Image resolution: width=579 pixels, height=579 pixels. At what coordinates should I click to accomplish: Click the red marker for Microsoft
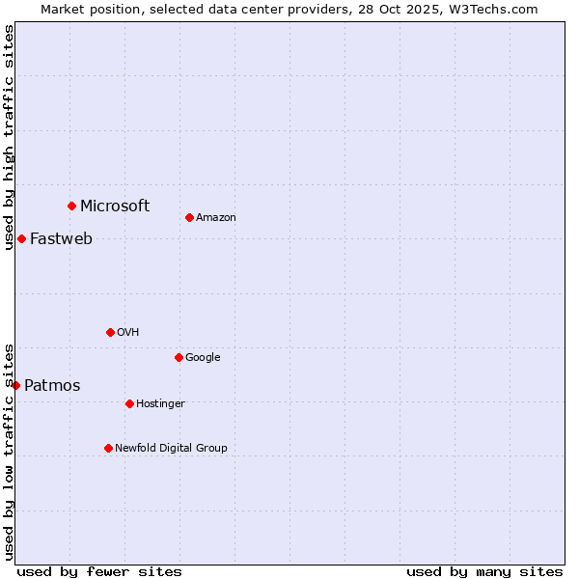pos(71,206)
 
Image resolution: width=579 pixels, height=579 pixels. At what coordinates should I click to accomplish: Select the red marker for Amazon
pos(189,217)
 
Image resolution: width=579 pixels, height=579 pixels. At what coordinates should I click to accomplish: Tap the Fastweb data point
pos(21,238)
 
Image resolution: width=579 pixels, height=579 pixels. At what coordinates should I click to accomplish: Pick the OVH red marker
pos(110,332)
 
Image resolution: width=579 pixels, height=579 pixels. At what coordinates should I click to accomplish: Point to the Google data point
pos(179,357)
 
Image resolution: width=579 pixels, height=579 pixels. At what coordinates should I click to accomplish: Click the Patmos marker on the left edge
pos(15,385)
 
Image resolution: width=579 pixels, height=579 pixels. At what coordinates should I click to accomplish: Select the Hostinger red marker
pos(129,403)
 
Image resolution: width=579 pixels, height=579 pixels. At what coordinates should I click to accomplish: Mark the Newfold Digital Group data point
pos(108,448)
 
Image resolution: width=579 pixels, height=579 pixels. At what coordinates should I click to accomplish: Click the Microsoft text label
pos(115,206)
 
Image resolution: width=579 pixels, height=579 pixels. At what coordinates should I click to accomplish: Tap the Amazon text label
pos(216,218)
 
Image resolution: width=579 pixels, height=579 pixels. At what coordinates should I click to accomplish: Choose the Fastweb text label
pos(61,239)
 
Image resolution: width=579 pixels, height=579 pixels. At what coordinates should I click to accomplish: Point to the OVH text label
pos(128,333)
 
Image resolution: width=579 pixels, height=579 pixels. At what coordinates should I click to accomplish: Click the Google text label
pos(203,358)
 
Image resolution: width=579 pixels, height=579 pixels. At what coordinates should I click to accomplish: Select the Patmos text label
pos(52,386)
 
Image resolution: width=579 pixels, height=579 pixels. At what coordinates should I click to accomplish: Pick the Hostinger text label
pos(160,404)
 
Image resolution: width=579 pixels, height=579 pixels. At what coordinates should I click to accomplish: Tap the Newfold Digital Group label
pos(171,449)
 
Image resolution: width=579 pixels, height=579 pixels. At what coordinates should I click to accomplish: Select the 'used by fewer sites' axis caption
pos(99,571)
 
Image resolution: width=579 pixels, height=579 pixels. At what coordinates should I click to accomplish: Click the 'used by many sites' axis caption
pos(484,571)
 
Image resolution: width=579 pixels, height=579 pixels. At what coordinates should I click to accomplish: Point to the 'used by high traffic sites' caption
pos(10,137)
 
